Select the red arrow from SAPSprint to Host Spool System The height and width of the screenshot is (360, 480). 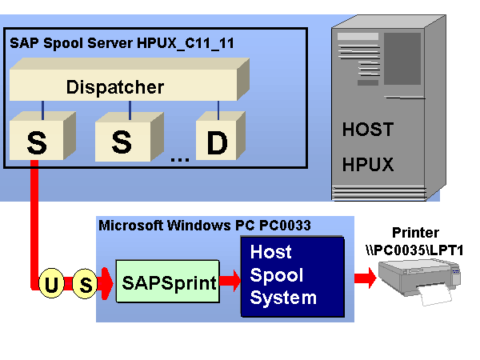(x=230, y=280)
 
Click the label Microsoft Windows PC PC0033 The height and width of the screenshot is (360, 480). (x=204, y=226)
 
